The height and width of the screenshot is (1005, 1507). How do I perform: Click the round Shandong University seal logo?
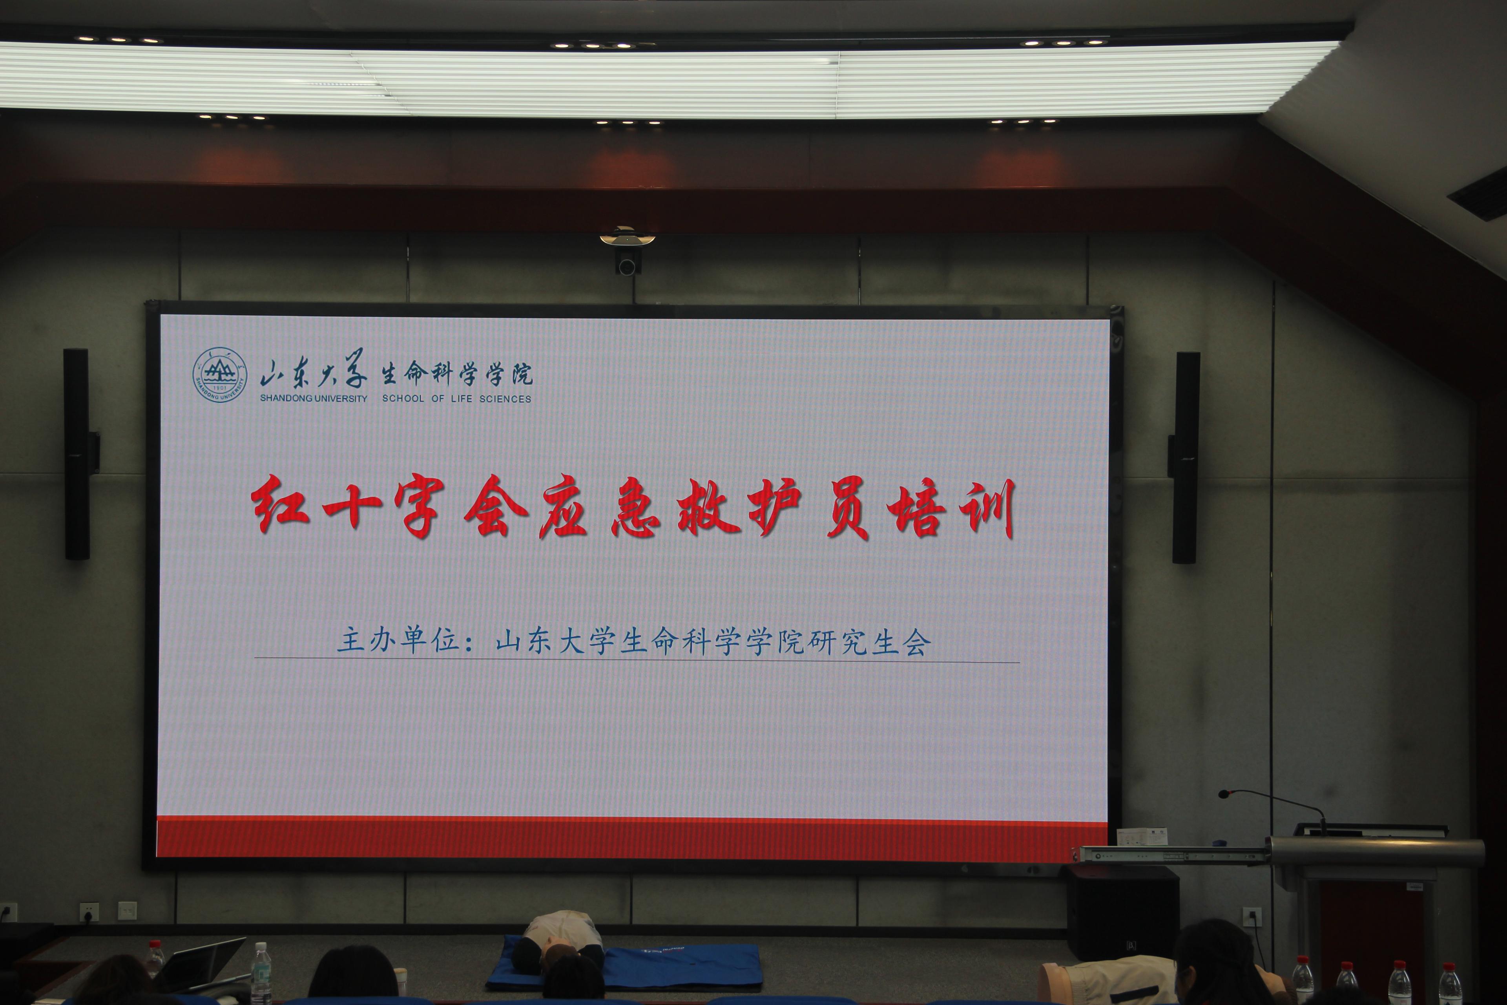220,375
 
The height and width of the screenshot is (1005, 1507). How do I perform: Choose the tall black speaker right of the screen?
1185,458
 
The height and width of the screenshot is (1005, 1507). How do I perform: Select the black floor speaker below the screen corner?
1122,913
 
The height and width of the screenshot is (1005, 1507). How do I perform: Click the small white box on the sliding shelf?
1141,837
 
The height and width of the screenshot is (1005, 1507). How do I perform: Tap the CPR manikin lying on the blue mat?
559,939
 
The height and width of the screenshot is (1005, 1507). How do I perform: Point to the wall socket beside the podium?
1252,917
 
